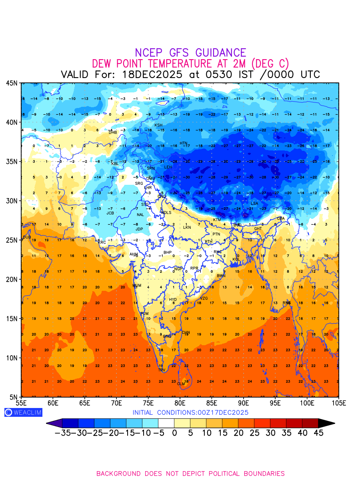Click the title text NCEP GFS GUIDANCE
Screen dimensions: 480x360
(x=190, y=53)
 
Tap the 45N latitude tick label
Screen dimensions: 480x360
(x=12, y=83)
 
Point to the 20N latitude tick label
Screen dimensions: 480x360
(x=12, y=279)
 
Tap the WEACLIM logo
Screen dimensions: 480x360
(x=23, y=412)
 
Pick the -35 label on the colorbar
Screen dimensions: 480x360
(x=63, y=433)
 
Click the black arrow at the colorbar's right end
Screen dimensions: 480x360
(x=326, y=423)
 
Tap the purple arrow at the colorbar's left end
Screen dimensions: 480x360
(x=54, y=423)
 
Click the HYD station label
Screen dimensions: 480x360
(x=173, y=300)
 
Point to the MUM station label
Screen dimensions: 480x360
(x=137, y=286)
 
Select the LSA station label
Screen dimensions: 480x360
(x=254, y=204)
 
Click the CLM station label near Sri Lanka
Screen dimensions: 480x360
(x=181, y=384)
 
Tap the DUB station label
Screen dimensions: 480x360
(x=27, y=237)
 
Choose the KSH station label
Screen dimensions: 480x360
(x=158, y=126)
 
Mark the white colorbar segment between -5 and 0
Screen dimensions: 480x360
(x=166, y=423)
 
